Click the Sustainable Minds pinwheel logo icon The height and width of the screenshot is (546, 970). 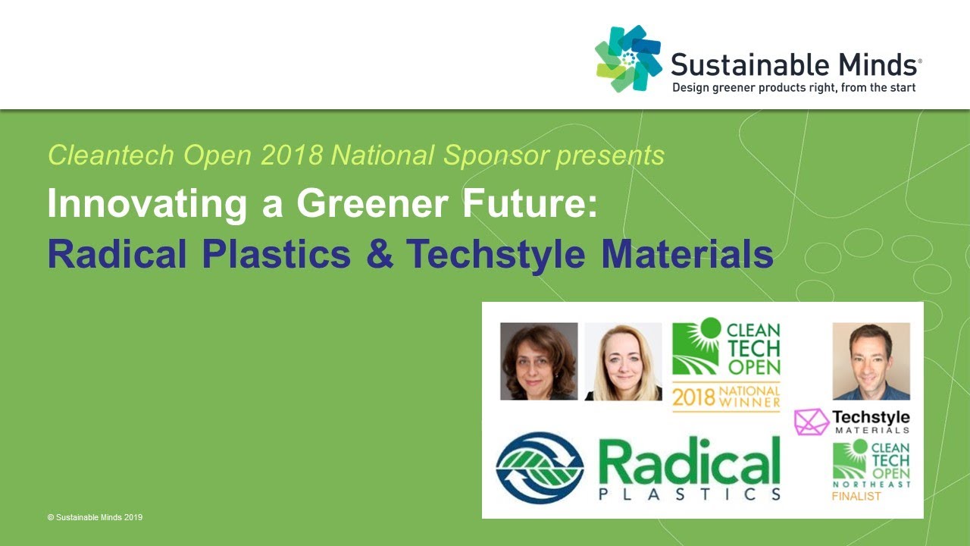pos(628,58)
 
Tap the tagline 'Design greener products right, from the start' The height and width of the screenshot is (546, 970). pos(794,88)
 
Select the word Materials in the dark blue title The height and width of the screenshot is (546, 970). pos(687,255)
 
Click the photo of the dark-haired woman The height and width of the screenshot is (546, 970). pos(539,361)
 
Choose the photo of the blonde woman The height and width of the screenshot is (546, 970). pos(623,361)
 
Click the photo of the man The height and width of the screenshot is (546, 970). pos(871,361)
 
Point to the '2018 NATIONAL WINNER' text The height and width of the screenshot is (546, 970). pos(726,396)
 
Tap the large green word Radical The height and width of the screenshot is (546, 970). pos(689,460)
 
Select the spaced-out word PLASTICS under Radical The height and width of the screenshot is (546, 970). pos(689,494)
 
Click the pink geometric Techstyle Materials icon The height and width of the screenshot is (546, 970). pos(811,422)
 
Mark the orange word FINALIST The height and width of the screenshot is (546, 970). pos(856,497)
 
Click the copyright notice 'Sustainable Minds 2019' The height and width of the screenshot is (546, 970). pos(95,517)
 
